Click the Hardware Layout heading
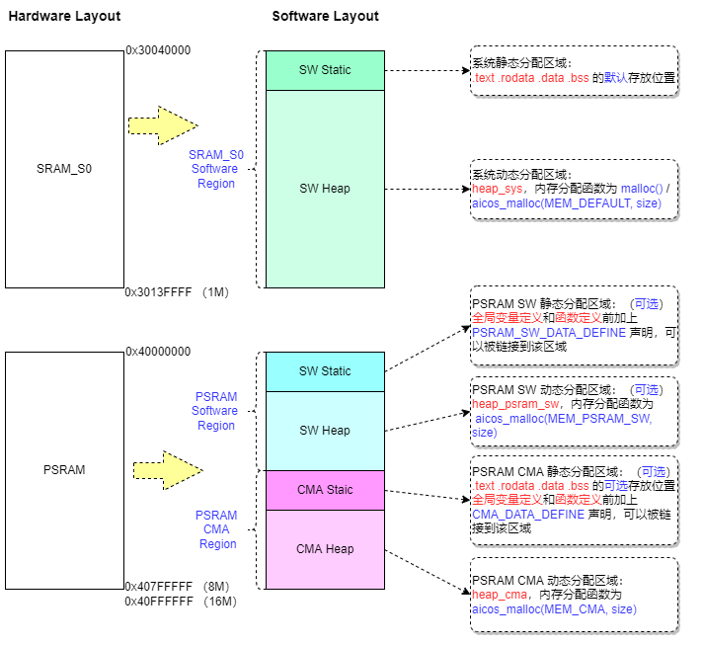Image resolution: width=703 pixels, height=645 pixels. click(x=64, y=16)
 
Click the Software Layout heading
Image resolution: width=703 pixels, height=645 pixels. click(x=325, y=16)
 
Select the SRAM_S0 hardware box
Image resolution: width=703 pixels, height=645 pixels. click(x=63, y=169)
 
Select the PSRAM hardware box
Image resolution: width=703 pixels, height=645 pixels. click(x=63, y=470)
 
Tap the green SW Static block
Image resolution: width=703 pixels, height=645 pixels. click(x=325, y=70)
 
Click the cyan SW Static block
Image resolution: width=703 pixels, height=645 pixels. click(x=325, y=371)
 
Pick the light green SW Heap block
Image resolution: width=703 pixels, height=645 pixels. click(x=325, y=189)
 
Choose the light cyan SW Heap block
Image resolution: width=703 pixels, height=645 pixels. click(x=325, y=431)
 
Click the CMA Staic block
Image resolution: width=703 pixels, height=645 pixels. click(x=325, y=490)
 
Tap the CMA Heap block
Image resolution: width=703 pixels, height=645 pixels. click(x=325, y=549)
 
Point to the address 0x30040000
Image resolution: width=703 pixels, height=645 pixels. click(x=158, y=49)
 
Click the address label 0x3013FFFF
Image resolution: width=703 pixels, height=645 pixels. click(x=158, y=292)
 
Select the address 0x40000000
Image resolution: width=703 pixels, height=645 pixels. click(x=158, y=352)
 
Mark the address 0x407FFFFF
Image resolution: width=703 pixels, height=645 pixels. click(x=158, y=587)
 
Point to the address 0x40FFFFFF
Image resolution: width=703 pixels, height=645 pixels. click(x=158, y=602)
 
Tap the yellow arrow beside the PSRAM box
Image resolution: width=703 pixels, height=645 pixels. click(x=166, y=470)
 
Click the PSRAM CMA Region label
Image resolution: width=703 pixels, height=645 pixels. click(x=216, y=529)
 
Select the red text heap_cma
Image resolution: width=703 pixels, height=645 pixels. click(x=499, y=595)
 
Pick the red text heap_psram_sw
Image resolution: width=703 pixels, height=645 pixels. click(x=514, y=404)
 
